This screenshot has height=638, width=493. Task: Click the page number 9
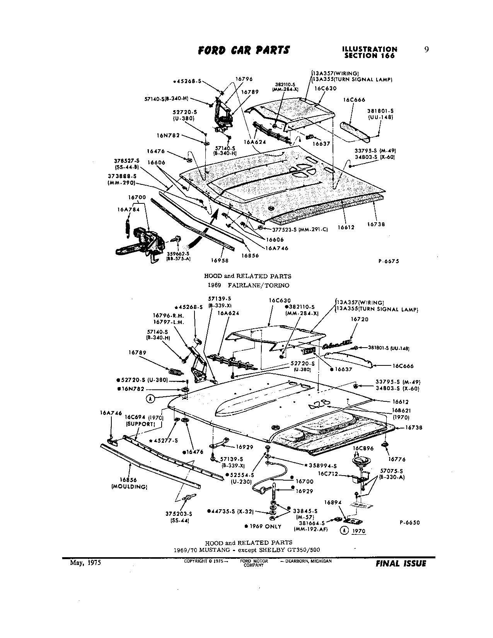(426, 49)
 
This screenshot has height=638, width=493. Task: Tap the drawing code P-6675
(388, 261)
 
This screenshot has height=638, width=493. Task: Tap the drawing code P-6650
(409, 522)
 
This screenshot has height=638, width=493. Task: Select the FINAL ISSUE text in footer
(401, 564)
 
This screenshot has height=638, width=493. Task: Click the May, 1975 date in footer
(85, 563)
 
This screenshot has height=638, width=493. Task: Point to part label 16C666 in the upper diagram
(354, 100)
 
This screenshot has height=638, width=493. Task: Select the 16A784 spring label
(126, 209)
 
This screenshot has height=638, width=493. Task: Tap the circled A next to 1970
(344, 531)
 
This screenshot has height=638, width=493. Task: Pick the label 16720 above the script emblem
(360, 319)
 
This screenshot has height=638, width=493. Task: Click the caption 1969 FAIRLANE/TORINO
(247, 285)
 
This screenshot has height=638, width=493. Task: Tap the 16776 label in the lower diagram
(396, 459)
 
